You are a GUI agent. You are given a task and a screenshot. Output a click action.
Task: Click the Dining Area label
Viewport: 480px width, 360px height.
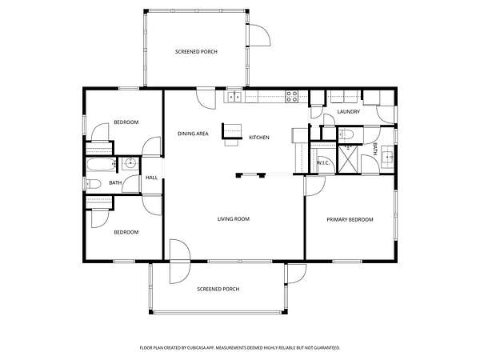click(193, 134)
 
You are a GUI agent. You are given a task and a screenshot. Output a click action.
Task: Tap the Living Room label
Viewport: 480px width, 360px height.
click(234, 219)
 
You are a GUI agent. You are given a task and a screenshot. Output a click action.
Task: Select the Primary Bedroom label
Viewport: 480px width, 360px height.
click(350, 219)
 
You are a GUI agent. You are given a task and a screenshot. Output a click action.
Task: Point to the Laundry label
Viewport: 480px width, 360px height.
click(348, 112)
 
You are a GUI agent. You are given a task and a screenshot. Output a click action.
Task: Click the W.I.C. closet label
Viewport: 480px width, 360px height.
click(323, 162)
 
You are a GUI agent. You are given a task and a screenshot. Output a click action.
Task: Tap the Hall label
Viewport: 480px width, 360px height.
click(151, 178)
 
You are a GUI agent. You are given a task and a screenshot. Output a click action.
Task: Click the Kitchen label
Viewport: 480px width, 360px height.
click(259, 138)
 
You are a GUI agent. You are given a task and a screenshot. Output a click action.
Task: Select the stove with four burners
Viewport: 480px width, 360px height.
click(292, 97)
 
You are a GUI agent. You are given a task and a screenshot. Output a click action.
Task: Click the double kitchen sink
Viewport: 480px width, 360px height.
click(234, 97)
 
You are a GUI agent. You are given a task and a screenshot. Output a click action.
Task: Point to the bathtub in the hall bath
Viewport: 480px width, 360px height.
click(101, 165)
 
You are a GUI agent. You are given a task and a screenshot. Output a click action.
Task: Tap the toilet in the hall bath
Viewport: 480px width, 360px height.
click(93, 184)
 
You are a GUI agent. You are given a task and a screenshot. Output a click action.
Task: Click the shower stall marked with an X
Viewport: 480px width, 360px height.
click(347, 159)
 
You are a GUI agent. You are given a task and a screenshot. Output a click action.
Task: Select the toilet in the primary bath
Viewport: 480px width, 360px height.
click(346, 134)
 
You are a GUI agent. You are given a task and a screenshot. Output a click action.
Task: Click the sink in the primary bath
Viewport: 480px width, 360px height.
click(388, 158)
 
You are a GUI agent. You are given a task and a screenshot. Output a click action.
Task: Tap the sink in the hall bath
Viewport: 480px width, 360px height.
click(130, 163)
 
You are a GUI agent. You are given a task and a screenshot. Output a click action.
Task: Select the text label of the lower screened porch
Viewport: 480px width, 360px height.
click(218, 289)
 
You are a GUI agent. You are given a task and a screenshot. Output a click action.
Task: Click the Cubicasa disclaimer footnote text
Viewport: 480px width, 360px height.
click(240, 348)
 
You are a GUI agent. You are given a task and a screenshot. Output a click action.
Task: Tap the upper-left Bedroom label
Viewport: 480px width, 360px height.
click(126, 122)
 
